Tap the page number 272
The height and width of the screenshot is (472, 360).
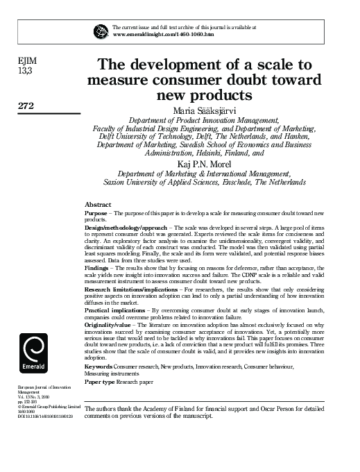coord(27,106)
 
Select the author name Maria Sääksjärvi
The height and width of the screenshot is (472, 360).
coord(207,110)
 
